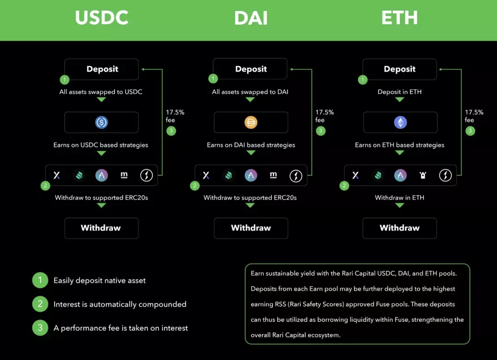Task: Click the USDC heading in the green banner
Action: [x=102, y=18]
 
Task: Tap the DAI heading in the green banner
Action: [x=251, y=18]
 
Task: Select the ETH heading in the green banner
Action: [x=399, y=18]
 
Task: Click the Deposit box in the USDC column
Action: [x=101, y=69]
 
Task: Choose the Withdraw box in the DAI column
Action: [x=251, y=228]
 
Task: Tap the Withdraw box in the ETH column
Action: [x=399, y=228]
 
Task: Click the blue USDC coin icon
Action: [x=101, y=122]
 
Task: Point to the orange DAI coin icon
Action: [x=251, y=122]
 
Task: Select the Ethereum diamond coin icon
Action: [x=400, y=122]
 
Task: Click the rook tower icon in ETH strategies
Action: [x=423, y=175]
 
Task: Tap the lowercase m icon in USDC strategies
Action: [x=124, y=175]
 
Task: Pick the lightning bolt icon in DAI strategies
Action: [x=296, y=176]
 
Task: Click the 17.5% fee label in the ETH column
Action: [x=474, y=116]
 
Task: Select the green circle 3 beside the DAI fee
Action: [x=320, y=131]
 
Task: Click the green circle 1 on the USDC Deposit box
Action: [x=65, y=80]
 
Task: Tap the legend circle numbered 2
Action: [x=40, y=304]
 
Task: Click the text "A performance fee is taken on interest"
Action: [x=121, y=328]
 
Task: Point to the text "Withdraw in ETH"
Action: [x=399, y=198]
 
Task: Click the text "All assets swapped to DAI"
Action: [x=250, y=92]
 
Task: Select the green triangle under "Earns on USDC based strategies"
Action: [x=101, y=153]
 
